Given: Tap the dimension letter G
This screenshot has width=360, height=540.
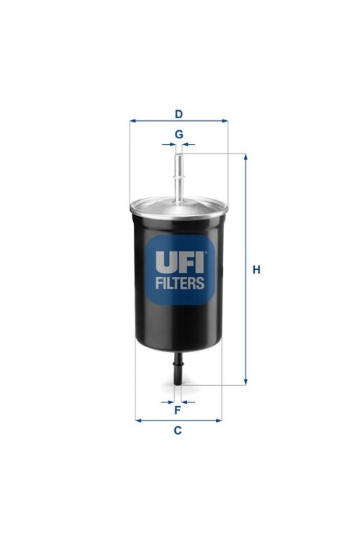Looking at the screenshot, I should pyautogui.click(x=179, y=134).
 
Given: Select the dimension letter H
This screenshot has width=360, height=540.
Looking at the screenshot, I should pyautogui.click(x=256, y=270).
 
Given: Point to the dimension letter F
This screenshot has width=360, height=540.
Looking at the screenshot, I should pyautogui.click(x=177, y=410).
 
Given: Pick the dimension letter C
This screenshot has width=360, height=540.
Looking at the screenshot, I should pyautogui.click(x=177, y=431).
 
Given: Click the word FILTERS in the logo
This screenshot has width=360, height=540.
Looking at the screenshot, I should pyautogui.click(x=180, y=283).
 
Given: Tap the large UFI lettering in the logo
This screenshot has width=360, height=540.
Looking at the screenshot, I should pyautogui.click(x=180, y=261).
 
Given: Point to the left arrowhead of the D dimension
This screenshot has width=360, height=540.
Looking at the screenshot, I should pyautogui.click(x=132, y=121).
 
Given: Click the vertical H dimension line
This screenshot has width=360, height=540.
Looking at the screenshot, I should pyautogui.click(x=246, y=216).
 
